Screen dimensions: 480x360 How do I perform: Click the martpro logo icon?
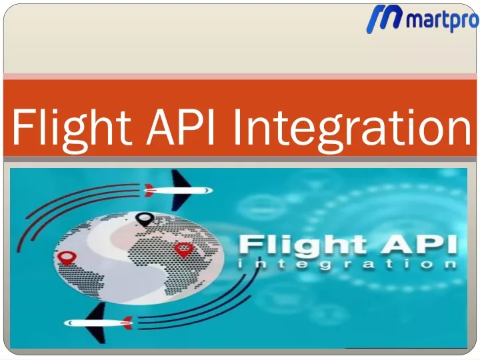click(384, 19)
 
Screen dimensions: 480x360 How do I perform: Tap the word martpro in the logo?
click(443, 20)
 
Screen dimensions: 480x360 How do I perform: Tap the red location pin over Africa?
click(183, 249)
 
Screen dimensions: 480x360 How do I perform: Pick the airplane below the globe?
click(99, 323)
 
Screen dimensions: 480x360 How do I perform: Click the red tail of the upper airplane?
click(149, 190)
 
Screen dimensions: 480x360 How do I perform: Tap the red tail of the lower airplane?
click(127, 323)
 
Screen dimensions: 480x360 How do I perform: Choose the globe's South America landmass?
click(89, 281)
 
